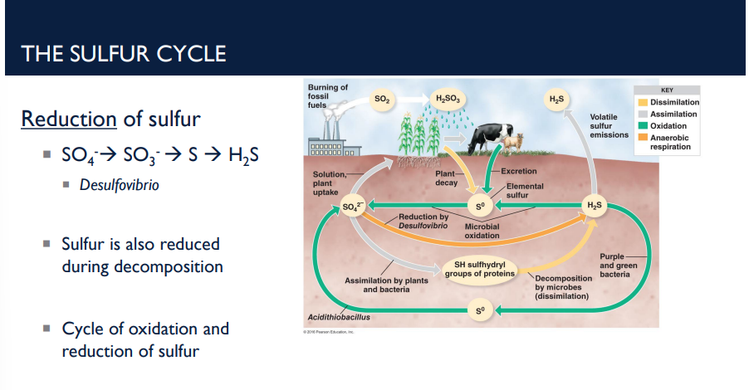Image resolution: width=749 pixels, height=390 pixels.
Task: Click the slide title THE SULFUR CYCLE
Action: coord(124,54)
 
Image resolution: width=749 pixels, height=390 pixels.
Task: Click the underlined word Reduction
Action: coord(68,119)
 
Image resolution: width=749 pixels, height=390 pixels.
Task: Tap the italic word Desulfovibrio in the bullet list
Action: coord(119,185)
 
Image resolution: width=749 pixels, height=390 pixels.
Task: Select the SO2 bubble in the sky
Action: coord(381,100)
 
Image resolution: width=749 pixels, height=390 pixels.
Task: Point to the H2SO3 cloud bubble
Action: coord(447,100)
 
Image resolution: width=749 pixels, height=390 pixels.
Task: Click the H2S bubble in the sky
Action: coord(556,100)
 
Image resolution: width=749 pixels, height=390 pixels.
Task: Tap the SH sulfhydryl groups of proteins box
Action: coord(481,268)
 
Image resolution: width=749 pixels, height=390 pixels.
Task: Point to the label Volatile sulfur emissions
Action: coord(609,125)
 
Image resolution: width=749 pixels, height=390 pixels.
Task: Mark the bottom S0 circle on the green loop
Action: coord(479,310)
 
